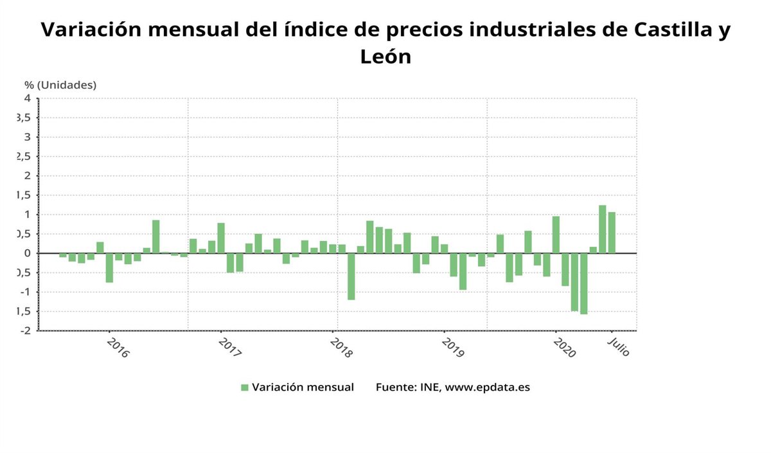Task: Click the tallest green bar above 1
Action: [x=602, y=229]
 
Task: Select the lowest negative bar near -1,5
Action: [x=583, y=283]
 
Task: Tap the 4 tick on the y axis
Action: [x=27, y=98]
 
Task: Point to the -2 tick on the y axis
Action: [x=25, y=331]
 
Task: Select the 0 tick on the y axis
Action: [x=27, y=253]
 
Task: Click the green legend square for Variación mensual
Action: [x=244, y=387]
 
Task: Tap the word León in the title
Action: [x=385, y=57]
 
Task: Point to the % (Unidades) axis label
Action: [x=60, y=85]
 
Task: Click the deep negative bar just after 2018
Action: [x=351, y=276]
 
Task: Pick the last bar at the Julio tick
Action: [x=612, y=233]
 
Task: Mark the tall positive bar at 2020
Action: [x=556, y=235]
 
